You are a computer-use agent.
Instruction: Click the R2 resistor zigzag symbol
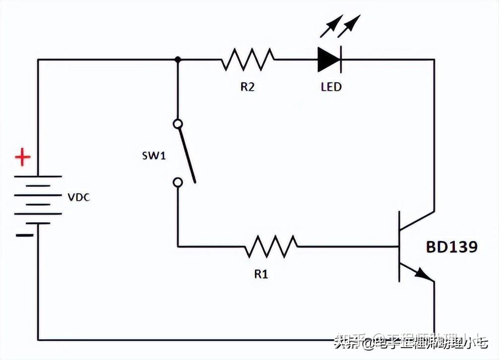[247, 60]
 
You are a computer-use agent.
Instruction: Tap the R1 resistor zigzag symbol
[270, 246]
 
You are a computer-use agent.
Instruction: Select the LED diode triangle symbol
[329, 60]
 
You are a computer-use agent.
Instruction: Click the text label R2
[248, 87]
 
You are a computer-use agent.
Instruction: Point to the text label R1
[261, 274]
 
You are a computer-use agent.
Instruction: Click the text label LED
[331, 87]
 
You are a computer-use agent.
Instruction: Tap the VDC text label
[79, 197]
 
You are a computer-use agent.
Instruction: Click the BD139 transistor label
[452, 247]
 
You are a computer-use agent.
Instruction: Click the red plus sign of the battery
[22, 159]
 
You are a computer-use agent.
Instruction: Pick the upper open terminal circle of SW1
[178, 123]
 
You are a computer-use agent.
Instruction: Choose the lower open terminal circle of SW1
[178, 182]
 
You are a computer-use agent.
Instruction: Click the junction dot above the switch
[178, 60]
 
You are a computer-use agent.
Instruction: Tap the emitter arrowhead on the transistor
[422, 274]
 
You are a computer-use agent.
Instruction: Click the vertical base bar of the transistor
[399, 246]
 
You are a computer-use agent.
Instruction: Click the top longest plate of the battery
[38, 177]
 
